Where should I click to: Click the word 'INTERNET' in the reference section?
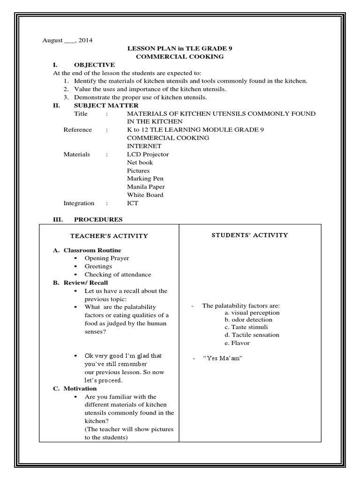point(144,146)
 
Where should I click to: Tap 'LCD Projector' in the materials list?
point(148,154)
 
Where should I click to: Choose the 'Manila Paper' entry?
point(146,187)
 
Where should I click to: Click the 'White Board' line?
point(145,195)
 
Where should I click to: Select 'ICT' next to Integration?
point(133,203)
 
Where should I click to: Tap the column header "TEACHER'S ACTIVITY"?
point(109,236)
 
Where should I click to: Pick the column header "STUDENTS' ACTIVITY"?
point(249,235)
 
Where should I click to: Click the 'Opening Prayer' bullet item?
point(106,258)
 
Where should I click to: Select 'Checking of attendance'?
point(118,274)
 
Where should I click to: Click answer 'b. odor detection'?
point(248,320)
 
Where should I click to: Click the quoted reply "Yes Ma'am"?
point(222,359)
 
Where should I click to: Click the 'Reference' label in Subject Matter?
point(78,130)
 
